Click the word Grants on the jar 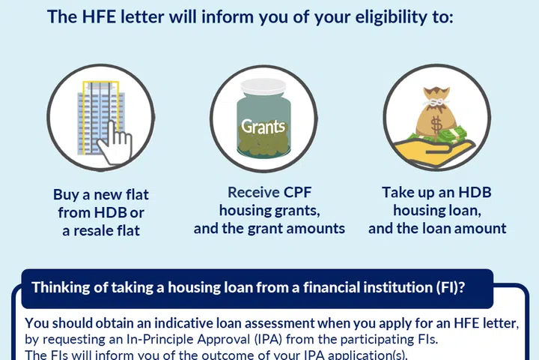coord(263,126)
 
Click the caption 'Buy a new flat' coord(100,194)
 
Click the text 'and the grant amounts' coord(269,229)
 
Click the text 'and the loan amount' coord(436,229)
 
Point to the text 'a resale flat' coord(100,230)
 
